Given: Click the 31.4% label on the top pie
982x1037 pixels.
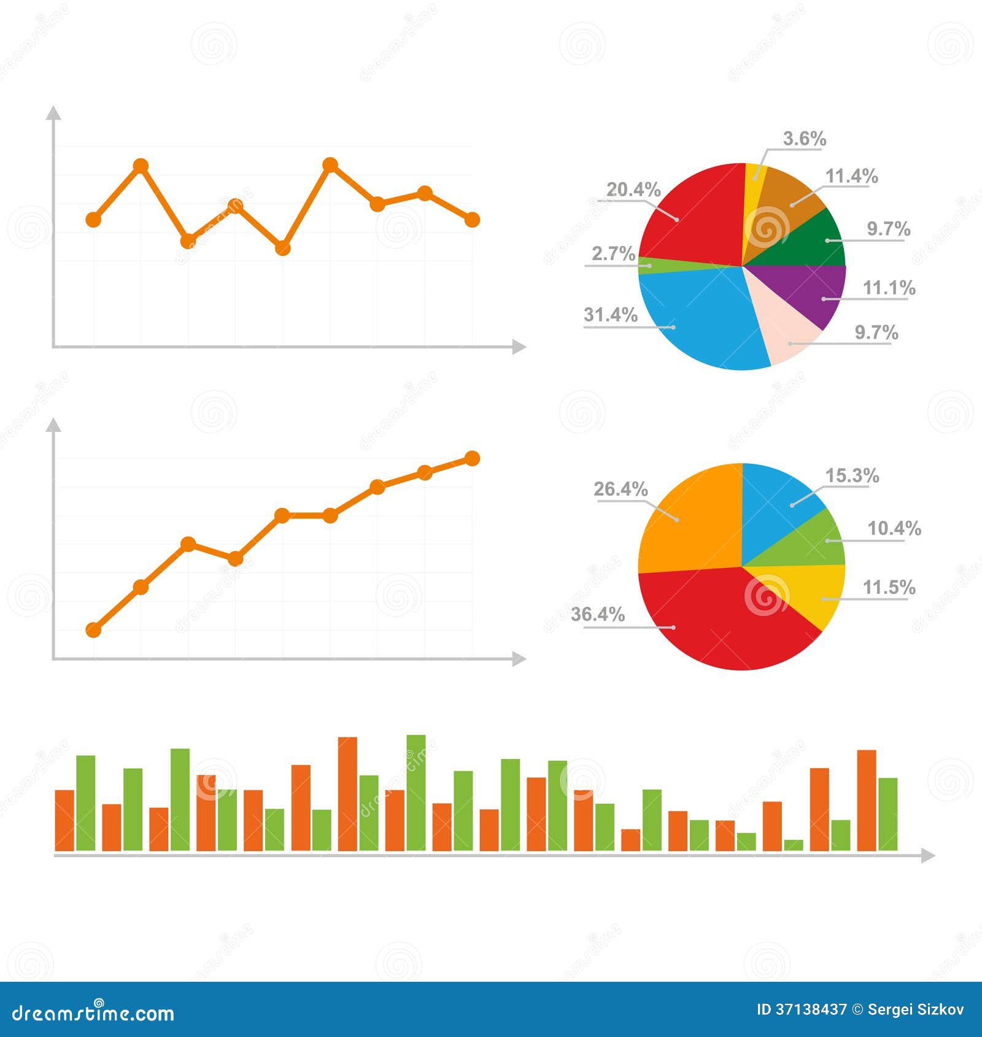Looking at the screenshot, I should click(610, 315).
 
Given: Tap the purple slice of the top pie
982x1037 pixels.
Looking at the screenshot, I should click(810, 291).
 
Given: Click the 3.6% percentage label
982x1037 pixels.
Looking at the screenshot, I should click(804, 139).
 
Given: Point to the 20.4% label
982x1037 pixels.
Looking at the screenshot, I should click(633, 190).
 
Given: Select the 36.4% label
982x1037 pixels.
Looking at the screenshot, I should click(598, 614).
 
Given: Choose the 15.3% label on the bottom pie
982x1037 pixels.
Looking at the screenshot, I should click(852, 476).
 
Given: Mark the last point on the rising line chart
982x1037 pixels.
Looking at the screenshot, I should click(472, 458).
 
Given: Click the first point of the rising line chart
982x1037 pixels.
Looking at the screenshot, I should click(93, 630).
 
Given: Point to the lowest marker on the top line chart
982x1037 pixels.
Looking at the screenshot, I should click(282, 249).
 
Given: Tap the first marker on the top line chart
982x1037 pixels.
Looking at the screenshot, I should click(93, 219).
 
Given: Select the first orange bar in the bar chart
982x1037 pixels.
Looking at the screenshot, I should click(64, 820).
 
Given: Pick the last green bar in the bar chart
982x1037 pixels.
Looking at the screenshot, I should click(887, 814).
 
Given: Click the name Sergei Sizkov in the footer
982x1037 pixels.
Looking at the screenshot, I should click(916, 1010).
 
